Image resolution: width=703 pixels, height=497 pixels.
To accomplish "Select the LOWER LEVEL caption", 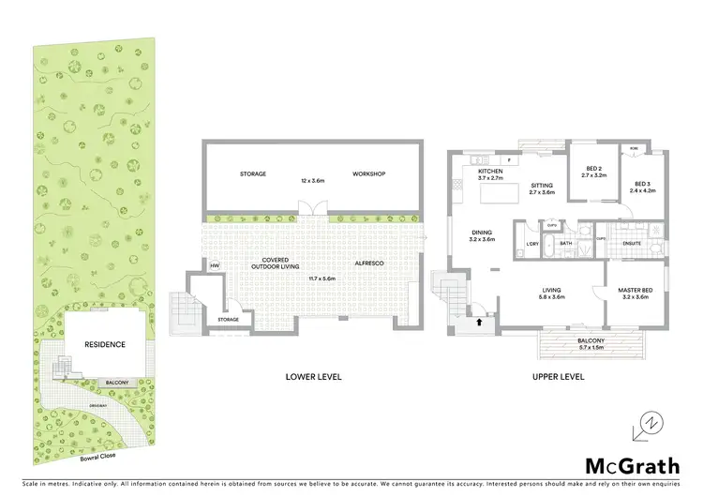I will [x=313, y=376].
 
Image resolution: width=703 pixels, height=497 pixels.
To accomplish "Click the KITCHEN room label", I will [x=490, y=172].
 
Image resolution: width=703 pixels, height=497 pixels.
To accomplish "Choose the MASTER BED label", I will [x=634, y=291].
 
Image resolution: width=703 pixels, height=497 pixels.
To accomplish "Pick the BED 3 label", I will [x=641, y=184].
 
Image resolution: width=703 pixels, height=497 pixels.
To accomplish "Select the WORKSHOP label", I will [x=368, y=174].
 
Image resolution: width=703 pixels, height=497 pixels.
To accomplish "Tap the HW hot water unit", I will [x=215, y=265].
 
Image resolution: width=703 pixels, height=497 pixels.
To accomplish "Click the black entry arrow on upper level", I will [x=481, y=322].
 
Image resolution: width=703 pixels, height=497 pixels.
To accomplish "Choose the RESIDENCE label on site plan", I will [x=105, y=344].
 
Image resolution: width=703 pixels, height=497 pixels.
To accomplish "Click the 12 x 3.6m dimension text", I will [x=312, y=179].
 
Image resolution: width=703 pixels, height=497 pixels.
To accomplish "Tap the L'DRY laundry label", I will [x=531, y=246].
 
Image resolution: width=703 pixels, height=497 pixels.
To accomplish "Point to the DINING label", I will [x=481, y=233].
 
